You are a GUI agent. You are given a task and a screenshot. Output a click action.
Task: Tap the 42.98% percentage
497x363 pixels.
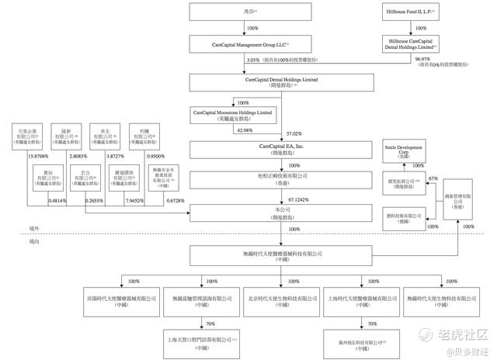click(235, 130)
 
